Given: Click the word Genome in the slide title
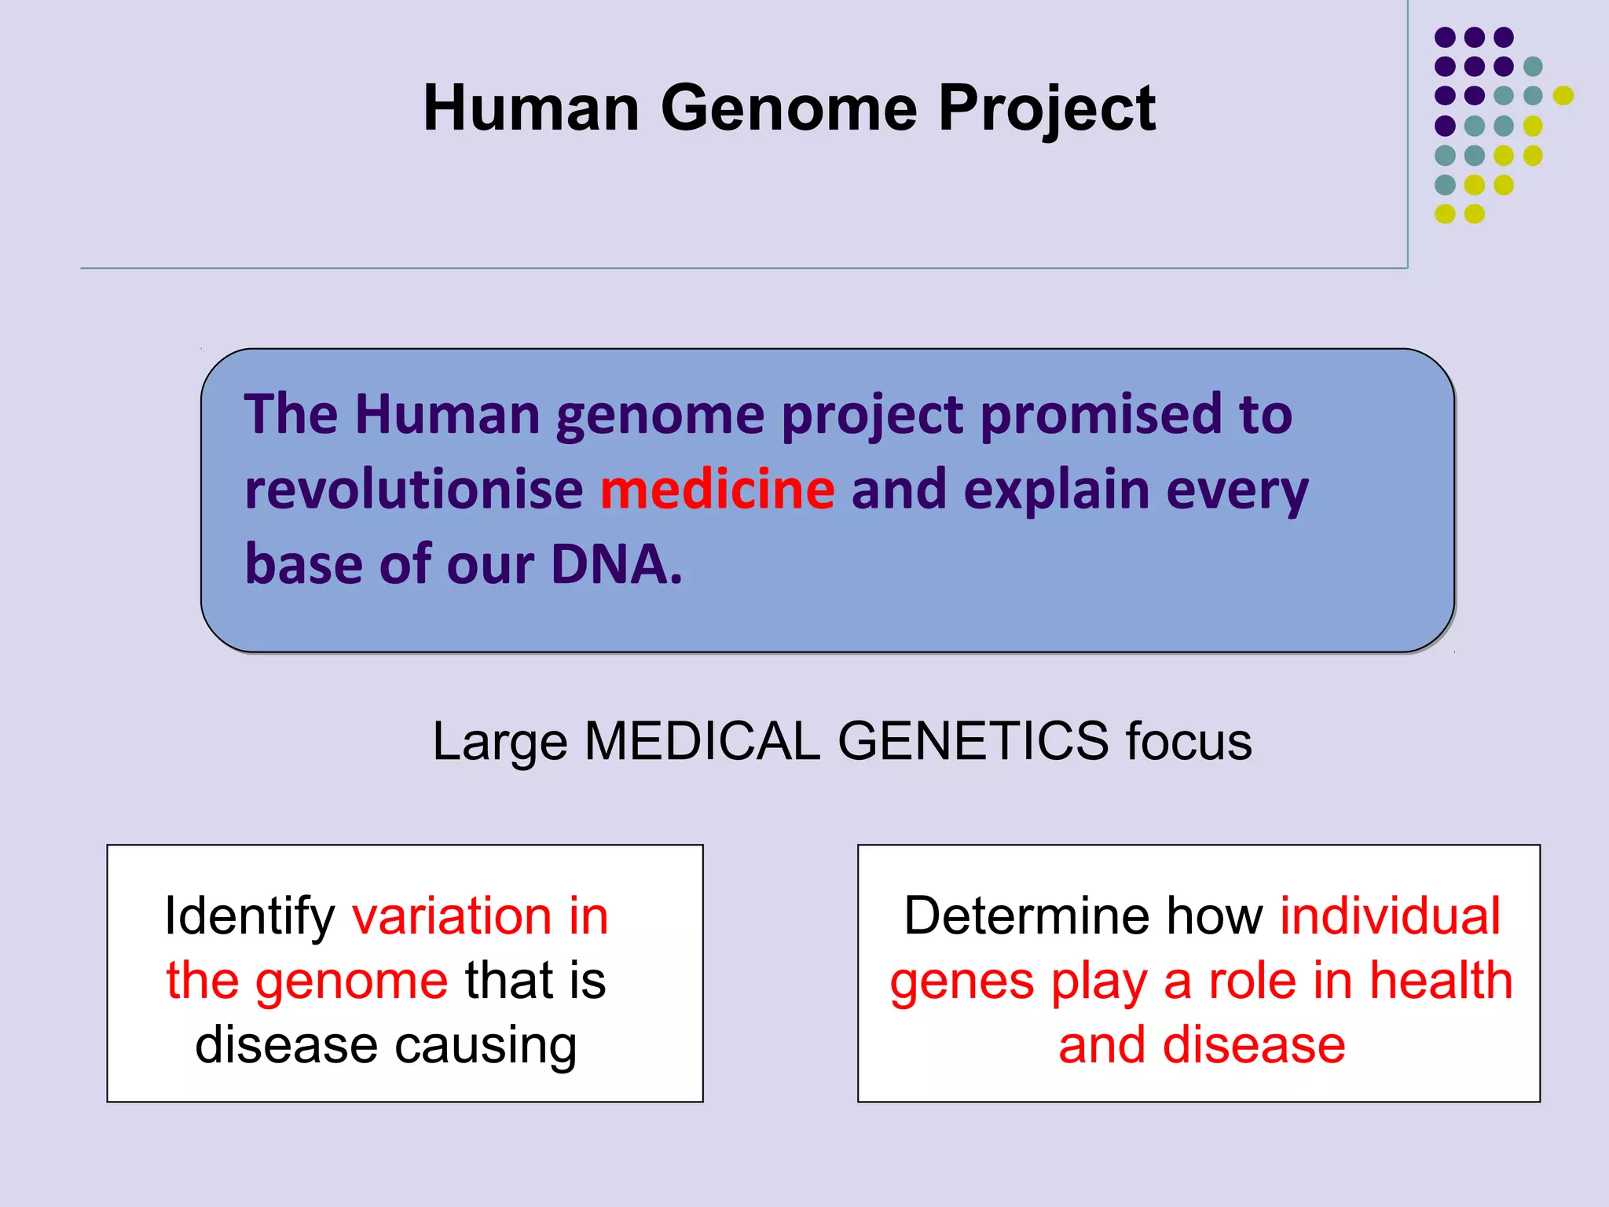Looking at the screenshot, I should [789, 108].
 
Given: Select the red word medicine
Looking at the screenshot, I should [717, 489].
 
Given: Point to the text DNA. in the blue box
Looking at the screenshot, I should [616, 564].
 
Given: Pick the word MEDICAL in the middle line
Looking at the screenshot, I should [702, 741].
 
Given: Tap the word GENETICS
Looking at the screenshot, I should [973, 741].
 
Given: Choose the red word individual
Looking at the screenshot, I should [1390, 916].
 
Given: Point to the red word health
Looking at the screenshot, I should [1441, 981].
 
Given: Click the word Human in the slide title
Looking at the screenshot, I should [531, 108].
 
